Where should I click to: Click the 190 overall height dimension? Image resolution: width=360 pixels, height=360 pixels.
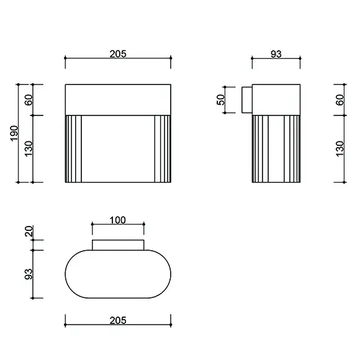point(14,133)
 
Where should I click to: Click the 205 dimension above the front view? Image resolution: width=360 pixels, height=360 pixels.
point(118,54)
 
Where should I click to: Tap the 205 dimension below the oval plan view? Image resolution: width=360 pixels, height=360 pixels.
point(118,320)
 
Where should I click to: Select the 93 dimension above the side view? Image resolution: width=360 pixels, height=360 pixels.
point(276,54)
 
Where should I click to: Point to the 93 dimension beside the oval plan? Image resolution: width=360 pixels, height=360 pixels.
point(29,274)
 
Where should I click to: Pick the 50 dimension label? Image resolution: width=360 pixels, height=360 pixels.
point(220,100)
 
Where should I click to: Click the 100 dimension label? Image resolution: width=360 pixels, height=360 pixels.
point(118,220)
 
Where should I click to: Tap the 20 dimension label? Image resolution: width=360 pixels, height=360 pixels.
point(29,231)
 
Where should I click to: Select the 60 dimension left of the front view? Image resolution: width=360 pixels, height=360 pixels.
point(29,100)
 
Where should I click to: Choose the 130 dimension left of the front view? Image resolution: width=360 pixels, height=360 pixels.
point(29,149)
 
